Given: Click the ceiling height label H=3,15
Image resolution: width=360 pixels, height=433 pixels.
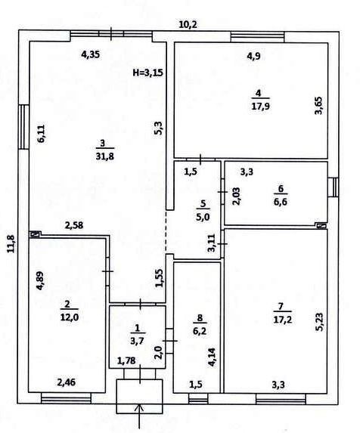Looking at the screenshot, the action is pyautogui.click(x=148, y=73).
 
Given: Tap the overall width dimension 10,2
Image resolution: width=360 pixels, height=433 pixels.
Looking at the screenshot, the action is pyautogui.click(x=188, y=25).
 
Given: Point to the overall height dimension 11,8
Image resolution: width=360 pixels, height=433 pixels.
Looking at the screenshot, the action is pyautogui.click(x=11, y=243).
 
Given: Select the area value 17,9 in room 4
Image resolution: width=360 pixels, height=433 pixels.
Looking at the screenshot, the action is pyautogui.click(x=260, y=107).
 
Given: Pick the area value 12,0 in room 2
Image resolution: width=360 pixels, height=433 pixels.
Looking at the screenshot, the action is pyautogui.click(x=69, y=317).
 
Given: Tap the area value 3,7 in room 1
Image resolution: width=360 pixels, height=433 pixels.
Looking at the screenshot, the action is pyautogui.click(x=137, y=341).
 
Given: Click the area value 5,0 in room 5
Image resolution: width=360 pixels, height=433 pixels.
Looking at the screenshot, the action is pyautogui.click(x=203, y=217).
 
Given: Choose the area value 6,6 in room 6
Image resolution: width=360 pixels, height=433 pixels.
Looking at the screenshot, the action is pyautogui.click(x=281, y=202).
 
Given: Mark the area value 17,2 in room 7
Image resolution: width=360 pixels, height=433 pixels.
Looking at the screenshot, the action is pyautogui.click(x=283, y=320).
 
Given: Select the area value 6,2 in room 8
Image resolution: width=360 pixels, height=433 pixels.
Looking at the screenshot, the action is pyautogui.click(x=200, y=331).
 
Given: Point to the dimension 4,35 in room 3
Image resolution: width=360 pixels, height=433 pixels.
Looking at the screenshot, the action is pyautogui.click(x=91, y=54).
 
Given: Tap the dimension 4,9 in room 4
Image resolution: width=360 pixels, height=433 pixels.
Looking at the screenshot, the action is pyautogui.click(x=254, y=57).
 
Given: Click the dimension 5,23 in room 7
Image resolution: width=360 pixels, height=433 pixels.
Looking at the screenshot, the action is pyautogui.click(x=321, y=321).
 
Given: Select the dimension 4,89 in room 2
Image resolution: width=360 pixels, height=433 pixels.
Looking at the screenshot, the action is pyautogui.click(x=41, y=281).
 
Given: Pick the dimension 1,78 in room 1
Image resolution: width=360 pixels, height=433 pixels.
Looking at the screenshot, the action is pyautogui.click(x=126, y=360).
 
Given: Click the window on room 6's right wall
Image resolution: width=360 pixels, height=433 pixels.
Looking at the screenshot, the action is pyautogui.click(x=334, y=187).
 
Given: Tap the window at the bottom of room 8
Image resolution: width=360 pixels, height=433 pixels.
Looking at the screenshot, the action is pyautogui.click(x=198, y=399).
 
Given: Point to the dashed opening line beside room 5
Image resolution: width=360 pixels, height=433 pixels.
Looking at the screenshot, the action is pyautogui.click(x=166, y=231).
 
